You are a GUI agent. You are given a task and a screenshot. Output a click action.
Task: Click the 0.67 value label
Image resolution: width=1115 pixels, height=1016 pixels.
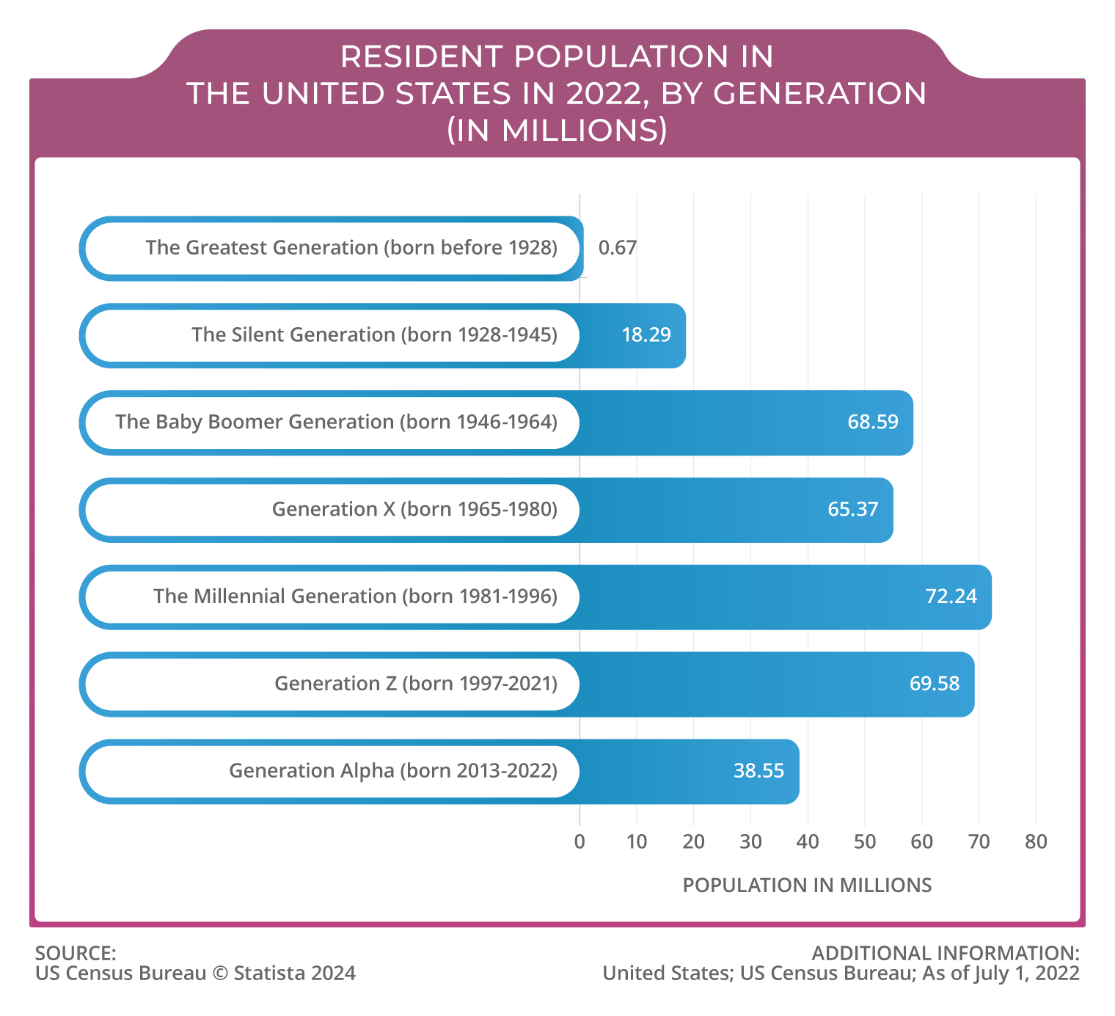point(617,248)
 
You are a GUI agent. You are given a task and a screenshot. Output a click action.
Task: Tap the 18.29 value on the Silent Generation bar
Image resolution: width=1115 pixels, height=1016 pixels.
point(646,335)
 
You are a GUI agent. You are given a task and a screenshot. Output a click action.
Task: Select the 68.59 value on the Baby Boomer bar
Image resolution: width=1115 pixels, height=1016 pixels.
point(872,423)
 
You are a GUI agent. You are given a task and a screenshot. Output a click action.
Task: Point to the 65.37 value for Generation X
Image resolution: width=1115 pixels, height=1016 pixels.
point(852,510)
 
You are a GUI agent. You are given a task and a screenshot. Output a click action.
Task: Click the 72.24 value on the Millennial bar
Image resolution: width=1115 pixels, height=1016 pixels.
point(951,596)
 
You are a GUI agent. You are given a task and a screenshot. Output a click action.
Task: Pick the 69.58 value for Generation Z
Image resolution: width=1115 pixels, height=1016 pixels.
point(934,684)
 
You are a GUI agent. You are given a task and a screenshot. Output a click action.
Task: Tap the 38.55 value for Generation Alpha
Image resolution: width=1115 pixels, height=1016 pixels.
point(758,771)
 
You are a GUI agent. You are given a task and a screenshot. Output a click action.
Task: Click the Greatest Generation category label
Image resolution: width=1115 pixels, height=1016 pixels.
point(351,248)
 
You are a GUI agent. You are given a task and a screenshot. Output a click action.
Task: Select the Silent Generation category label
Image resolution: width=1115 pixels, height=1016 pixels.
point(374,335)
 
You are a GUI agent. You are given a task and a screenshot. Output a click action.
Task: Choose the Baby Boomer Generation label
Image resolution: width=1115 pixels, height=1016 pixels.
point(336,423)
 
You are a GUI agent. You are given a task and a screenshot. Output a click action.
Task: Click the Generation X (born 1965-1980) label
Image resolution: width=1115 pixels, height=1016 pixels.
point(414,510)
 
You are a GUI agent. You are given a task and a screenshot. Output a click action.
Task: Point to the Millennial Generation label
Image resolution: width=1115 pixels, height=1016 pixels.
point(355,596)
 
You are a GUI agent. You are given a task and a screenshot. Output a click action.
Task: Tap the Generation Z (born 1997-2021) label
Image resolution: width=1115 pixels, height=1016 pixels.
point(416,684)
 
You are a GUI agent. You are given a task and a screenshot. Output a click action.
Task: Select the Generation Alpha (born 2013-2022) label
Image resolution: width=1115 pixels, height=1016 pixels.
point(393,771)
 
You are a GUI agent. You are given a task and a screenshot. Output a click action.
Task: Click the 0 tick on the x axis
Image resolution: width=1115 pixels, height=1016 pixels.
point(580,841)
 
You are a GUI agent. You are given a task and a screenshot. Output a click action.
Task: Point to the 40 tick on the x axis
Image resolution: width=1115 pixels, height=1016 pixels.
point(808,841)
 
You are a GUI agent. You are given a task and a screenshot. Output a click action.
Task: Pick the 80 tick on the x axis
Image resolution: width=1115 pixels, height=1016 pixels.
point(1036,841)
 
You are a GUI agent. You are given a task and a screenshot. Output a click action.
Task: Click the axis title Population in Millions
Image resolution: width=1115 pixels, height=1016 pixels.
point(807,885)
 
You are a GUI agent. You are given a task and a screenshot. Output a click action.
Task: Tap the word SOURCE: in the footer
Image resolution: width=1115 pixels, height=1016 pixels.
point(76,953)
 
